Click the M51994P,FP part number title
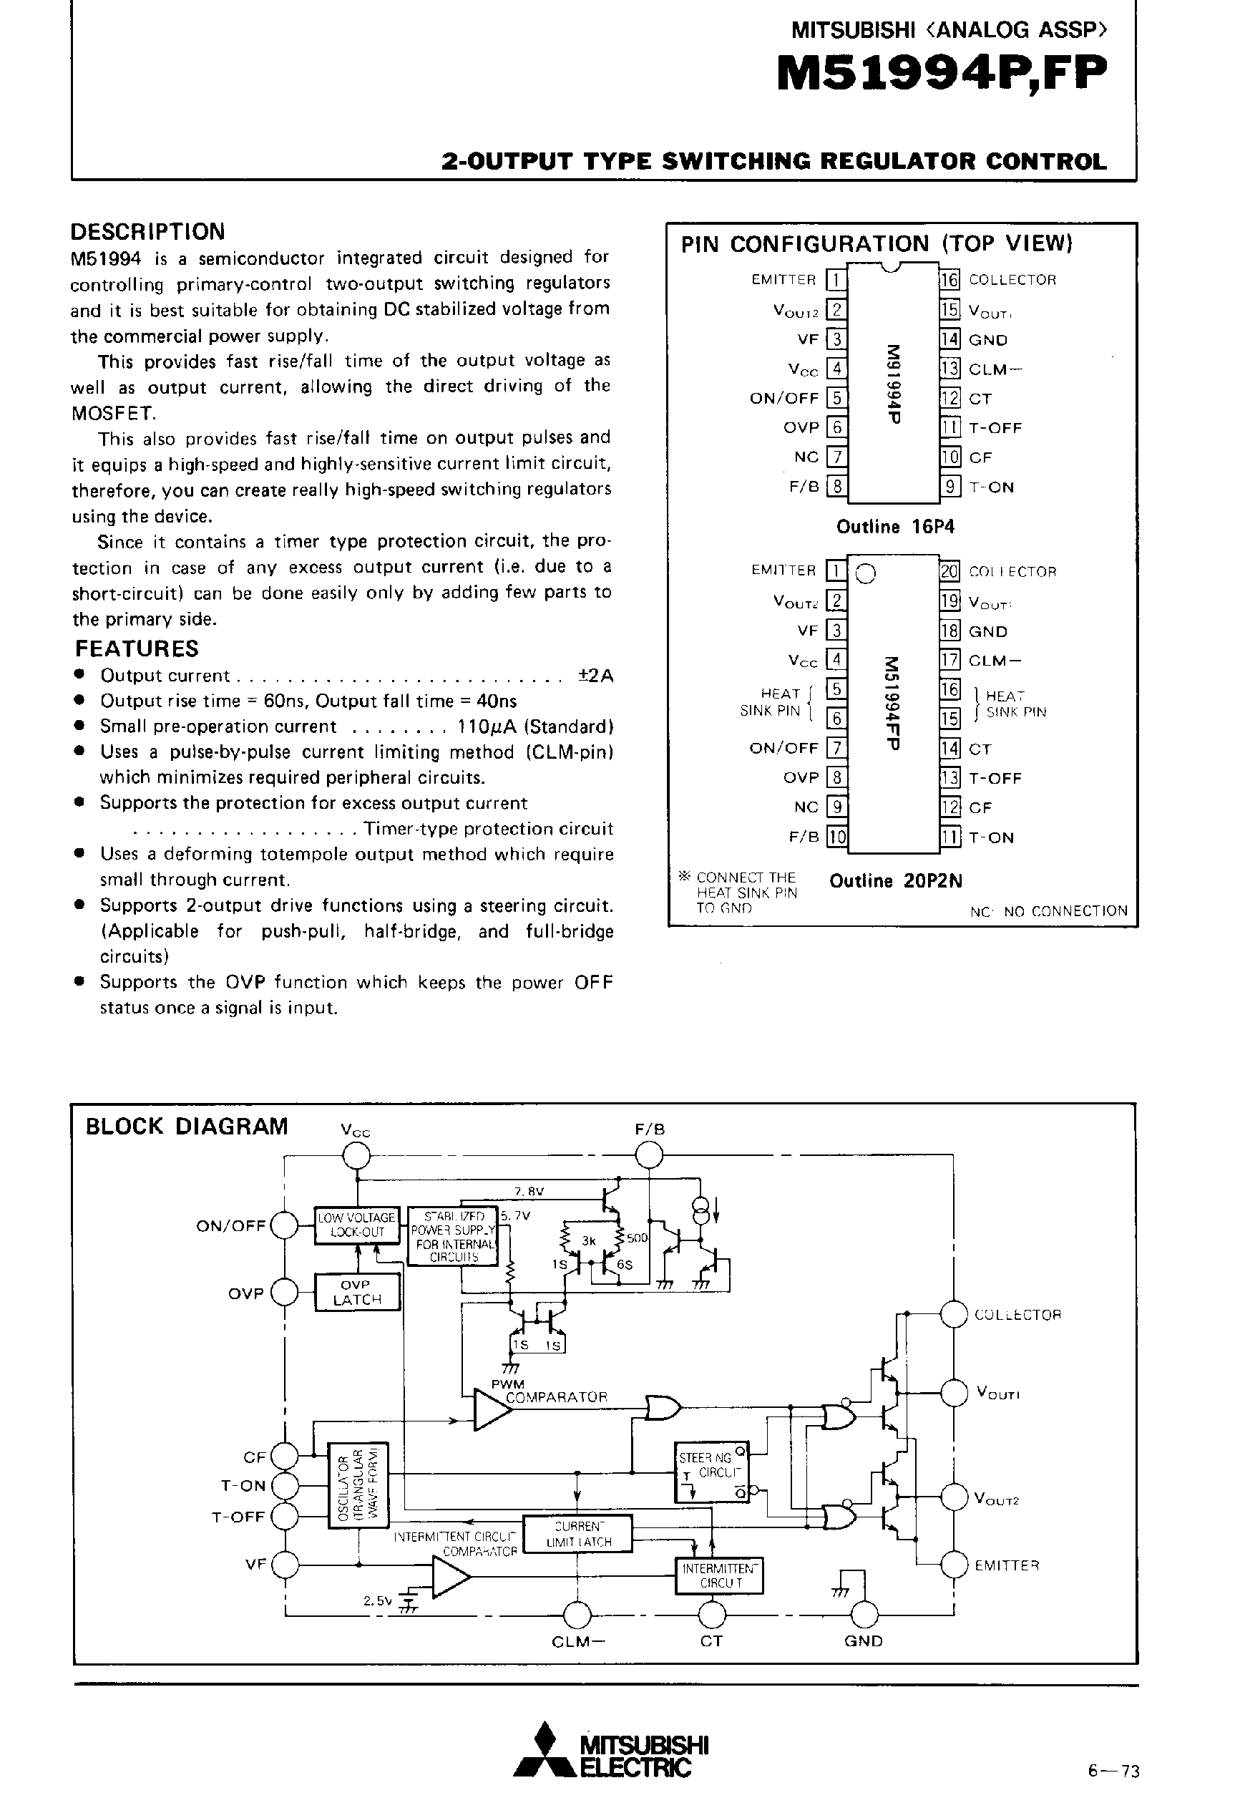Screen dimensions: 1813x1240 click(942, 77)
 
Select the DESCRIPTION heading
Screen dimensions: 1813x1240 click(147, 232)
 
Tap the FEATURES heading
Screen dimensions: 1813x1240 click(137, 648)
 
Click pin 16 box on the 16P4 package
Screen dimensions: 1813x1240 click(949, 279)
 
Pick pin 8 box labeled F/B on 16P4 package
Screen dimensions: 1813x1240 click(836, 487)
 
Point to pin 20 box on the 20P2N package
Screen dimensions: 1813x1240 click(949, 571)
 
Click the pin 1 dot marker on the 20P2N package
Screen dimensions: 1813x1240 click(866, 574)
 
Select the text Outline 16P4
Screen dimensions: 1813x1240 click(895, 527)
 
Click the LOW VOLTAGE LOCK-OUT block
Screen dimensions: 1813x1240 click(357, 1225)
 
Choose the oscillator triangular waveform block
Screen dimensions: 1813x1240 click(358, 1484)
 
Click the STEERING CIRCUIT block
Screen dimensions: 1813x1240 click(711, 1472)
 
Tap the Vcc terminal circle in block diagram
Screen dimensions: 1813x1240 click(357, 1155)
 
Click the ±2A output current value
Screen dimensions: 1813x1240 click(596, 676)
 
